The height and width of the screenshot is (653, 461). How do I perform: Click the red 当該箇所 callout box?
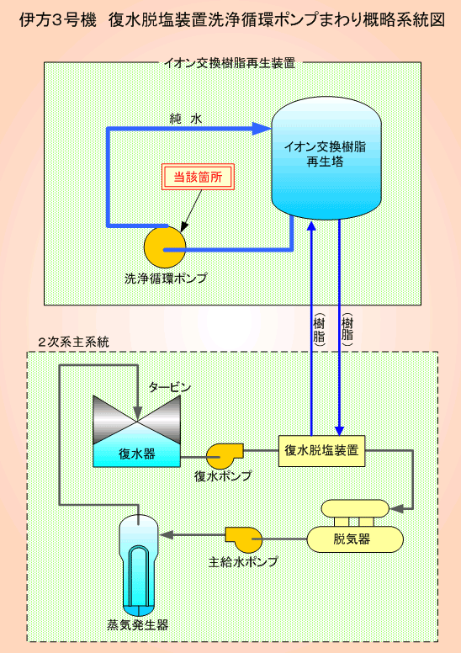click(198, 177)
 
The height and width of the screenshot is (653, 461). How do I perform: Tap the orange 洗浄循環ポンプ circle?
click(165, 247)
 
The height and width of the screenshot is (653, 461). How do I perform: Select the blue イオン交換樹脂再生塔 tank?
click(326, 158)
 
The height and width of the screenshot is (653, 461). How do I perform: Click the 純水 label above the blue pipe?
click(186, 119)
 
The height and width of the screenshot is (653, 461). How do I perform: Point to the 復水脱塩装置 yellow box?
click(321, 451)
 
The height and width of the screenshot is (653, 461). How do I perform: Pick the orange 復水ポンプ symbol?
click(224, 455)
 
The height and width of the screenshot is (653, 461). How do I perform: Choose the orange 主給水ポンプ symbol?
click(244, 539)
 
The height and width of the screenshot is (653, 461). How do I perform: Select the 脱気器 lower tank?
click(355, 539)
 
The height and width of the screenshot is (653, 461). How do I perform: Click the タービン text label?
click(170, 387)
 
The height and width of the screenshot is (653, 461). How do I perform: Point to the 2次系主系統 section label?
click(73, 342)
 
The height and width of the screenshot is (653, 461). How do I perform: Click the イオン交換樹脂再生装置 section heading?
click(230, 63)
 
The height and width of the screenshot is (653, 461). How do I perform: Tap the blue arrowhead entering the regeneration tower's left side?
click(262, 128)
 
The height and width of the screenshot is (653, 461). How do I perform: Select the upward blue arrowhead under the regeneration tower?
click(311, 226)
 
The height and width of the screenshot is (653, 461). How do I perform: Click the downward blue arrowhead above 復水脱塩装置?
click(340, 430)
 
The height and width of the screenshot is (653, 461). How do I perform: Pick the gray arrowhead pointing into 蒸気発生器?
click(165, 535)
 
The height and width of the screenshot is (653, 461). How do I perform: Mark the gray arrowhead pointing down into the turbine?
click(137, 414)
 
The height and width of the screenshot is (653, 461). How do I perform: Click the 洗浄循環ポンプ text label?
click(166, 279)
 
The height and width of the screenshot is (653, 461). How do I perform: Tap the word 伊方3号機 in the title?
click(58, 20)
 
